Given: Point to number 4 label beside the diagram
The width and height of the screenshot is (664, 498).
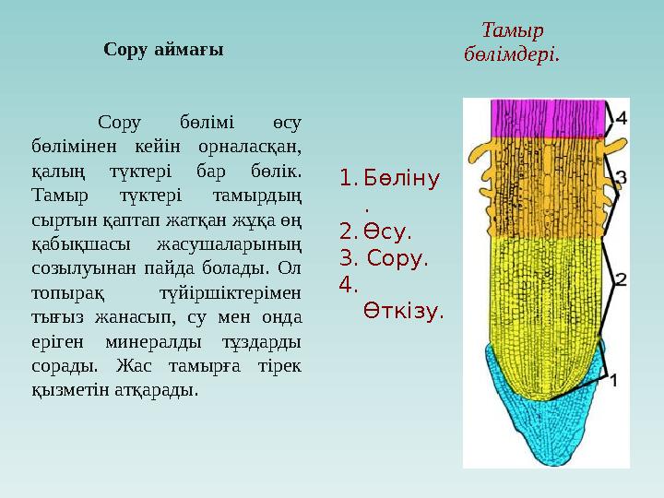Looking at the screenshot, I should click(621, 118).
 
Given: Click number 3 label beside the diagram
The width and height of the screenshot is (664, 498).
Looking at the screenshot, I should click(622, 176).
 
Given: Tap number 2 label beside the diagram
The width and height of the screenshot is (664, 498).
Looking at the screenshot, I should click(621, 278).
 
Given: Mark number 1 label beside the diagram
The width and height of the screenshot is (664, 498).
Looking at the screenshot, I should click(614, 378).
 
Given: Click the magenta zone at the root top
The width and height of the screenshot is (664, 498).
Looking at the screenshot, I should click(548, 118).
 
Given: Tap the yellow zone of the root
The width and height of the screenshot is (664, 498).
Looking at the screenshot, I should click(544, 295).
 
